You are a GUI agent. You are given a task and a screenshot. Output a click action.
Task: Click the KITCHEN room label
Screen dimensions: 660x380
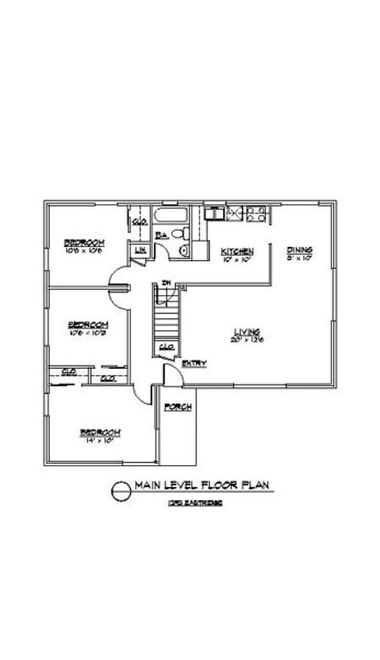tap(237, 251)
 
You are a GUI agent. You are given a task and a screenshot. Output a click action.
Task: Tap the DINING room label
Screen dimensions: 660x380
tap(299, 249)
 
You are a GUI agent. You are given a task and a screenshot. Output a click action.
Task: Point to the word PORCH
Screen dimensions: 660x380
tap(178, 407)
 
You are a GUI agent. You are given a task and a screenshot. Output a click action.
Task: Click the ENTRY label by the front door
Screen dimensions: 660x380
tap(194, 363)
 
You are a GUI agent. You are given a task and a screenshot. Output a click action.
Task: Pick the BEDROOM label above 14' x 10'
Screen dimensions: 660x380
tap(100, 432)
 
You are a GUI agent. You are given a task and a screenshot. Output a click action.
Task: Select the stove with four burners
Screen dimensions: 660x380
tap(256, 214)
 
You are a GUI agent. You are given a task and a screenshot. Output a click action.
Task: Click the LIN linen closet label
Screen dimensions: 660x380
tap(139, 251)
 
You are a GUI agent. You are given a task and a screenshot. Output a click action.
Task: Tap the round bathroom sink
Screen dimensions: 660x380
tap(183, 251)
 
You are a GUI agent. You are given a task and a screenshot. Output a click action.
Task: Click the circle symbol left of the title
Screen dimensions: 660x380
tap(120, 491)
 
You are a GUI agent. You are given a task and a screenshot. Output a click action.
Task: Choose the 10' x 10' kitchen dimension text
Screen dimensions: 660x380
tap(237, 258)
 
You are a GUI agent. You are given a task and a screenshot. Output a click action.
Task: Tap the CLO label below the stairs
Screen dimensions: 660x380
tap(167, 347)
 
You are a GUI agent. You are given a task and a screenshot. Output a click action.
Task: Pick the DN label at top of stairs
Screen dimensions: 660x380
tap(167, 283)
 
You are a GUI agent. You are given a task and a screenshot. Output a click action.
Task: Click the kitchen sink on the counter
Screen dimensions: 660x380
tap(214, 213)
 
